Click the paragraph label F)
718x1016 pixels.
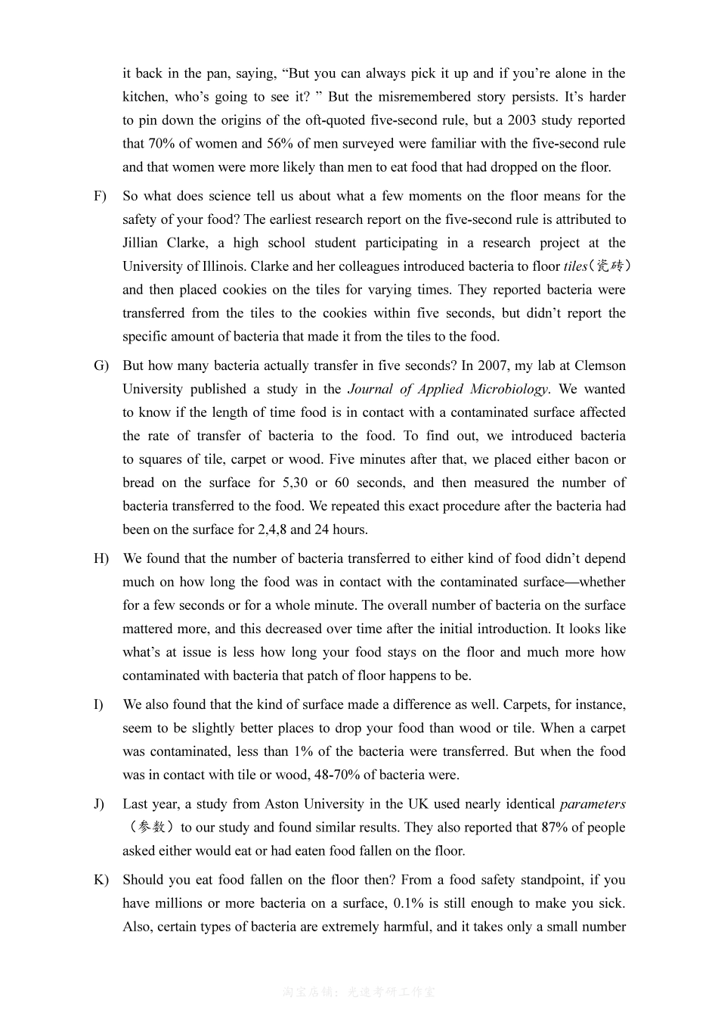pyautogui.click(x=100, y=197)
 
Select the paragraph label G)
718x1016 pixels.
pyautogui.click(x=101, y=366)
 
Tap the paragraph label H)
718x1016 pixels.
pyautogui.click(x=101, y=559)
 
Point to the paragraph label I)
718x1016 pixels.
pyautogui.click(x=98, y=705)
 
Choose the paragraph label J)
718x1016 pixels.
pyautogui.click(x=99, y=804)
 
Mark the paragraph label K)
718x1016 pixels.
pyautogui.click(x=101, y=880)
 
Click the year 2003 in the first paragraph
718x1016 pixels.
pyautogui.click(x=523, y=120)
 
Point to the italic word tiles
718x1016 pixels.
pyautogui.click(x=576, y=266)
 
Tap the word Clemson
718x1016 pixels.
pyautogui.click(x=600, y=366)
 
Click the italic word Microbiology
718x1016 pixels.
pyautogui.click(x=509, y=390)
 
